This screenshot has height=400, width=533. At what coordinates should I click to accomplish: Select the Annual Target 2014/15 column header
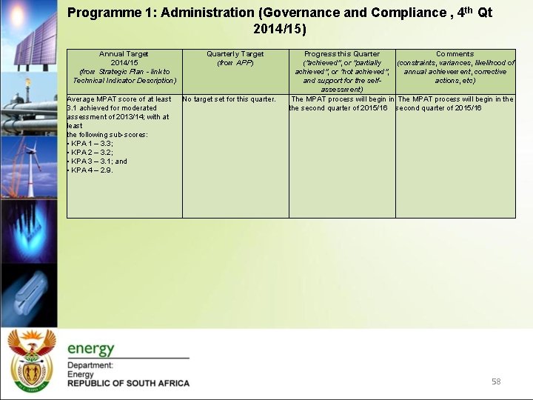click(x=124, y=67)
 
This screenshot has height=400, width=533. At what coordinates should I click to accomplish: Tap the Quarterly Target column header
click(x=235, y=59)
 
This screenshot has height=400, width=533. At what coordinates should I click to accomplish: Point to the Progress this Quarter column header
click(x=342, y=71)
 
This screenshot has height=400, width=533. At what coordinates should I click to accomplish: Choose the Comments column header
click(x=455, y=67)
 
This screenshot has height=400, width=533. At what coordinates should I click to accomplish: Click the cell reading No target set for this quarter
click(x=229, y=99)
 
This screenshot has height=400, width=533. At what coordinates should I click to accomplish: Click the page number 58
click(x=496, y=381)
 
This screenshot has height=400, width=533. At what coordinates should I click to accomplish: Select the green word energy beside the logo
click(x=91, y=349)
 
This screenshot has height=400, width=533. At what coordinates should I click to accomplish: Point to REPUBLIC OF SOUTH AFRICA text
click(x=128, y=383)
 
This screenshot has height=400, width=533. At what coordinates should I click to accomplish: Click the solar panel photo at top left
click(x=28, y=33)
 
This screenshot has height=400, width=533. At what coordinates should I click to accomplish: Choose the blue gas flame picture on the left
click(x=28, y=230)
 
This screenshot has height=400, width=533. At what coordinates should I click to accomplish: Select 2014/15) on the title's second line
click(x=279, y=30)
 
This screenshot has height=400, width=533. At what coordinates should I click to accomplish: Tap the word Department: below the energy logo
click(x=90, y=365)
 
